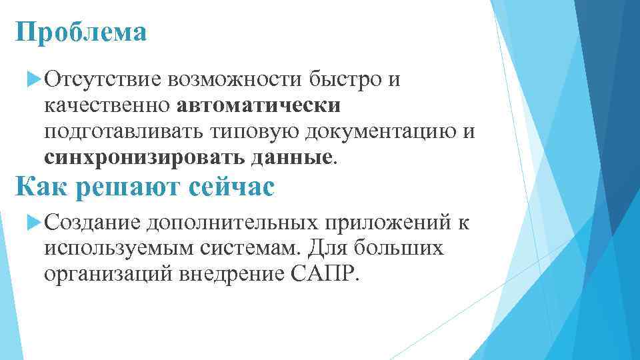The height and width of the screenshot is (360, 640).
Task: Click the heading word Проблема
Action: click(81, 32)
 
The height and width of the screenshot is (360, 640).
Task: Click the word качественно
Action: click(108, 107)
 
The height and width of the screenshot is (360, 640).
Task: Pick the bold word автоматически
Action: click(259, 107)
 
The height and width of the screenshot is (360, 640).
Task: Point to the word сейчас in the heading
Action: click(231, 187)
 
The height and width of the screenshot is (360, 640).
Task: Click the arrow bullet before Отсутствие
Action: click(35, 81)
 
